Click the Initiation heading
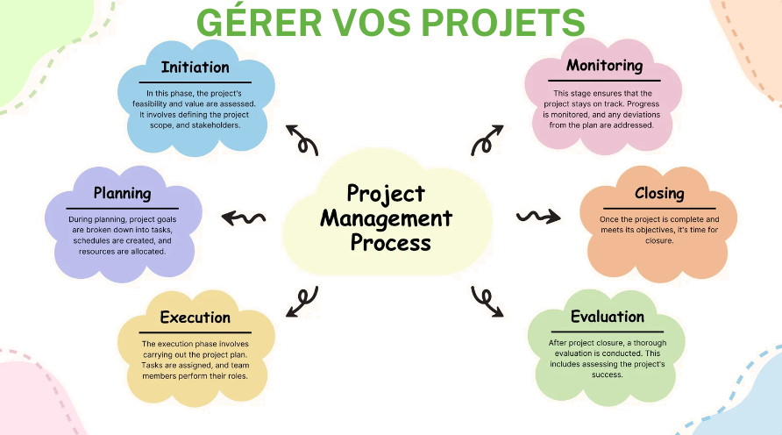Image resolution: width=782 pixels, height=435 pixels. [x=195, y=67]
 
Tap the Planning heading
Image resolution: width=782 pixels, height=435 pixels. [x=123, y=193]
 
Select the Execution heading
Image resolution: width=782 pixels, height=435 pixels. [x=195, y=317]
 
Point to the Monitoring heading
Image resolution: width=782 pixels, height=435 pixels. [x=604, y=65]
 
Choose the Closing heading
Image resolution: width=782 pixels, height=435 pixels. [x=659, y=193]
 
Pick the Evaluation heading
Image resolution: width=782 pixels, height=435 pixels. [x=607, y=317]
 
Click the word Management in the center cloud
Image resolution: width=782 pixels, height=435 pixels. [x=387, y=217]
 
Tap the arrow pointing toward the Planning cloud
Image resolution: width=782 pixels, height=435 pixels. [x=243, y=217]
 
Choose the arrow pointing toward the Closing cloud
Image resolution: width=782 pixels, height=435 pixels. [x=537, y=215]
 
